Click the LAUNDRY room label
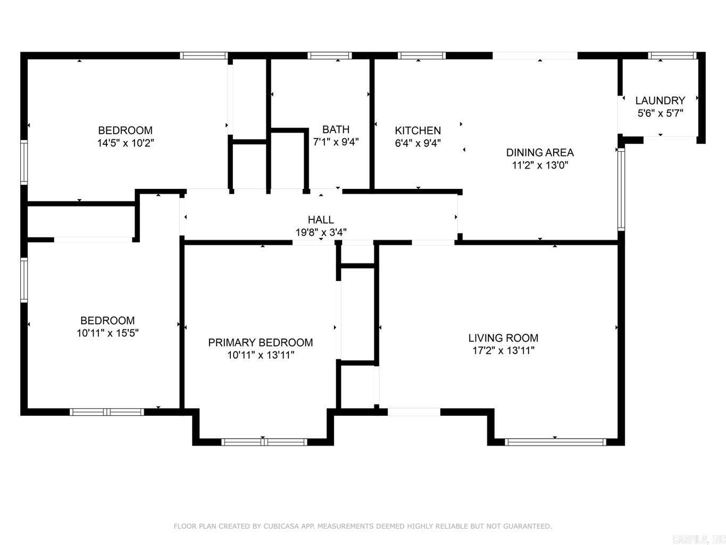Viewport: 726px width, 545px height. (660, 101)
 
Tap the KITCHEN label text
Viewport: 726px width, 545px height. (418, 130)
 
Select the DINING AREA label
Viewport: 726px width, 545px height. (539, 153)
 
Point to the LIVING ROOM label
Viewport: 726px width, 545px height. (503, 338)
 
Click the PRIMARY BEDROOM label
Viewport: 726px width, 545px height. (260, 343)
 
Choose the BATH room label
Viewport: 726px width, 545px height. (336, 129)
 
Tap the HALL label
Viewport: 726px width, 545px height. (321, 220)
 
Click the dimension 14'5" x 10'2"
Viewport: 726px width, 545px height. (126, 143)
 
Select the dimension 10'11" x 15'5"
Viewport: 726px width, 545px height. (107, 333)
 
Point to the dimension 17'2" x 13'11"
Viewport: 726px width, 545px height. (503, 351)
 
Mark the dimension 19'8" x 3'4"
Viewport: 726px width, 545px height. (321, 233)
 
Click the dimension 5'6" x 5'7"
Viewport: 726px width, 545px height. (660, 113)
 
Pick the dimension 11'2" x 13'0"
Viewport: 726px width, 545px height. (539, 166)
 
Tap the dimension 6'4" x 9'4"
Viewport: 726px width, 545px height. (418, 143)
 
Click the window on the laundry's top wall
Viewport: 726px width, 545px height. (672, 55)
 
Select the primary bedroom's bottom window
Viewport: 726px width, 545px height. (264, 442)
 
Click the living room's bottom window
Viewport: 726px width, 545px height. (555, 442)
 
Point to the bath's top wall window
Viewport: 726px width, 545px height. (329, 55)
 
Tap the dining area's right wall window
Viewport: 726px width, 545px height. (621, 189)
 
